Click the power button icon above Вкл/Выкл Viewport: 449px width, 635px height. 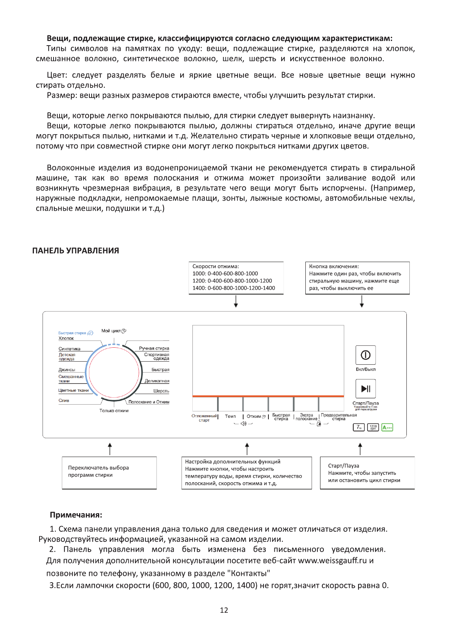tap(365, 355)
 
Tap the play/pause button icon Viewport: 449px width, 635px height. tap(365, 388)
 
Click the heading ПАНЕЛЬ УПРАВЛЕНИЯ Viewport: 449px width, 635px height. tap(75, 251)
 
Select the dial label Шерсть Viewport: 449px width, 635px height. tap(161, 391)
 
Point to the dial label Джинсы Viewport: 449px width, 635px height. tap(67, 370)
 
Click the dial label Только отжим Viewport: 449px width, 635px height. tap(114, 411)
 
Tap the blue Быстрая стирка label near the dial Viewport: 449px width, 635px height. tap(72, 333)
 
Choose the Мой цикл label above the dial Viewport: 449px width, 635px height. tap(111, 331)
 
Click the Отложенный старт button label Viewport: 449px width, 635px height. tap(204, 418)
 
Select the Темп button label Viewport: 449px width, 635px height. tap(230, 416)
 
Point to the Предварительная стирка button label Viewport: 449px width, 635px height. tap(339, 417)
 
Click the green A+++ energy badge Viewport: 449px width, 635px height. tap(387, 427)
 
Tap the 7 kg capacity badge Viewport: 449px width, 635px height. tap(359, 427)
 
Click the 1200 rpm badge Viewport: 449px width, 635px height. tap(373, 427)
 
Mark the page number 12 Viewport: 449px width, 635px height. tap(224, 610)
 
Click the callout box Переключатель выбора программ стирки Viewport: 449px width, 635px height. tap(109, 473)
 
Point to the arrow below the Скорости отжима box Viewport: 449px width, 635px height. tap(236, 301)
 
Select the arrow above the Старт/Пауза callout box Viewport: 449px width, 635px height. tap(360, 449)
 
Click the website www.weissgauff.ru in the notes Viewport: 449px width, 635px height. tap(332, 560)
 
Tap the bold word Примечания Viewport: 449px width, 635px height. tap(76, 515)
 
